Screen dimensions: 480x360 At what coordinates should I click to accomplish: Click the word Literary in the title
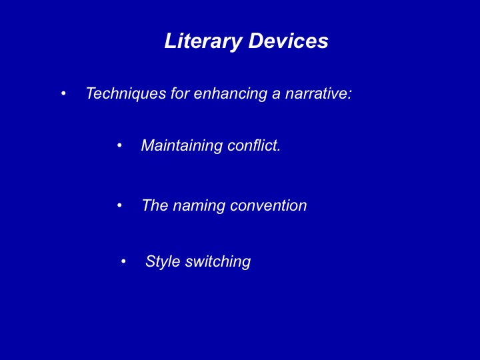[x=203, y=41]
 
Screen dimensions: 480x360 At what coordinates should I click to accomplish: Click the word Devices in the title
[x=289, y=41]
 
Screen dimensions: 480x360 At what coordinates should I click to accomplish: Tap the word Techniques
[x=126, y=94]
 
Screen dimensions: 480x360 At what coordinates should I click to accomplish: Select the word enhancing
[x=231, y=94]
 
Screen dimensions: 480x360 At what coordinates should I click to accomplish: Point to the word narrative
[x=316, y=93]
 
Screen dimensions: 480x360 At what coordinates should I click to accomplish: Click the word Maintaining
[x=182, y=145]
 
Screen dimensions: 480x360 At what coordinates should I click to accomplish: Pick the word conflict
[x=252, y=145]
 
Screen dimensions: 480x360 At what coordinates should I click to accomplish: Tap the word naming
[x=199, y=206]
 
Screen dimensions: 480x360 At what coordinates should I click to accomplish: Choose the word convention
[x=269, y=205]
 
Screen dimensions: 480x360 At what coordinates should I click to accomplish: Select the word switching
[x=218, y=262]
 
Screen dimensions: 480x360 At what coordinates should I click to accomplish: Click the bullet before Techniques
[x=63, y=93]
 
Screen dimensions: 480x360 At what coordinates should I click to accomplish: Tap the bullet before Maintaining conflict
[x=119, y=145]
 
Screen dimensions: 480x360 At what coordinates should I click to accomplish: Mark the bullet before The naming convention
[x=119, y=205]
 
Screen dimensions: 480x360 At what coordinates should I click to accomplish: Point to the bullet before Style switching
[x=123, y=261]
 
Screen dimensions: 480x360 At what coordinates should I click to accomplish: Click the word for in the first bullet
[x=180, y=93]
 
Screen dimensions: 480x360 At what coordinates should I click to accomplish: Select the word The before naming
[x=155, y=205]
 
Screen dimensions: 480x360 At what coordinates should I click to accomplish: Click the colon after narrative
[x=349, y=95]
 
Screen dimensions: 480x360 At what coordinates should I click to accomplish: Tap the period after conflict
[x=279, y=150]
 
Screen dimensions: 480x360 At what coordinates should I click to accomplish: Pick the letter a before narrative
[x=276, y=95]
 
